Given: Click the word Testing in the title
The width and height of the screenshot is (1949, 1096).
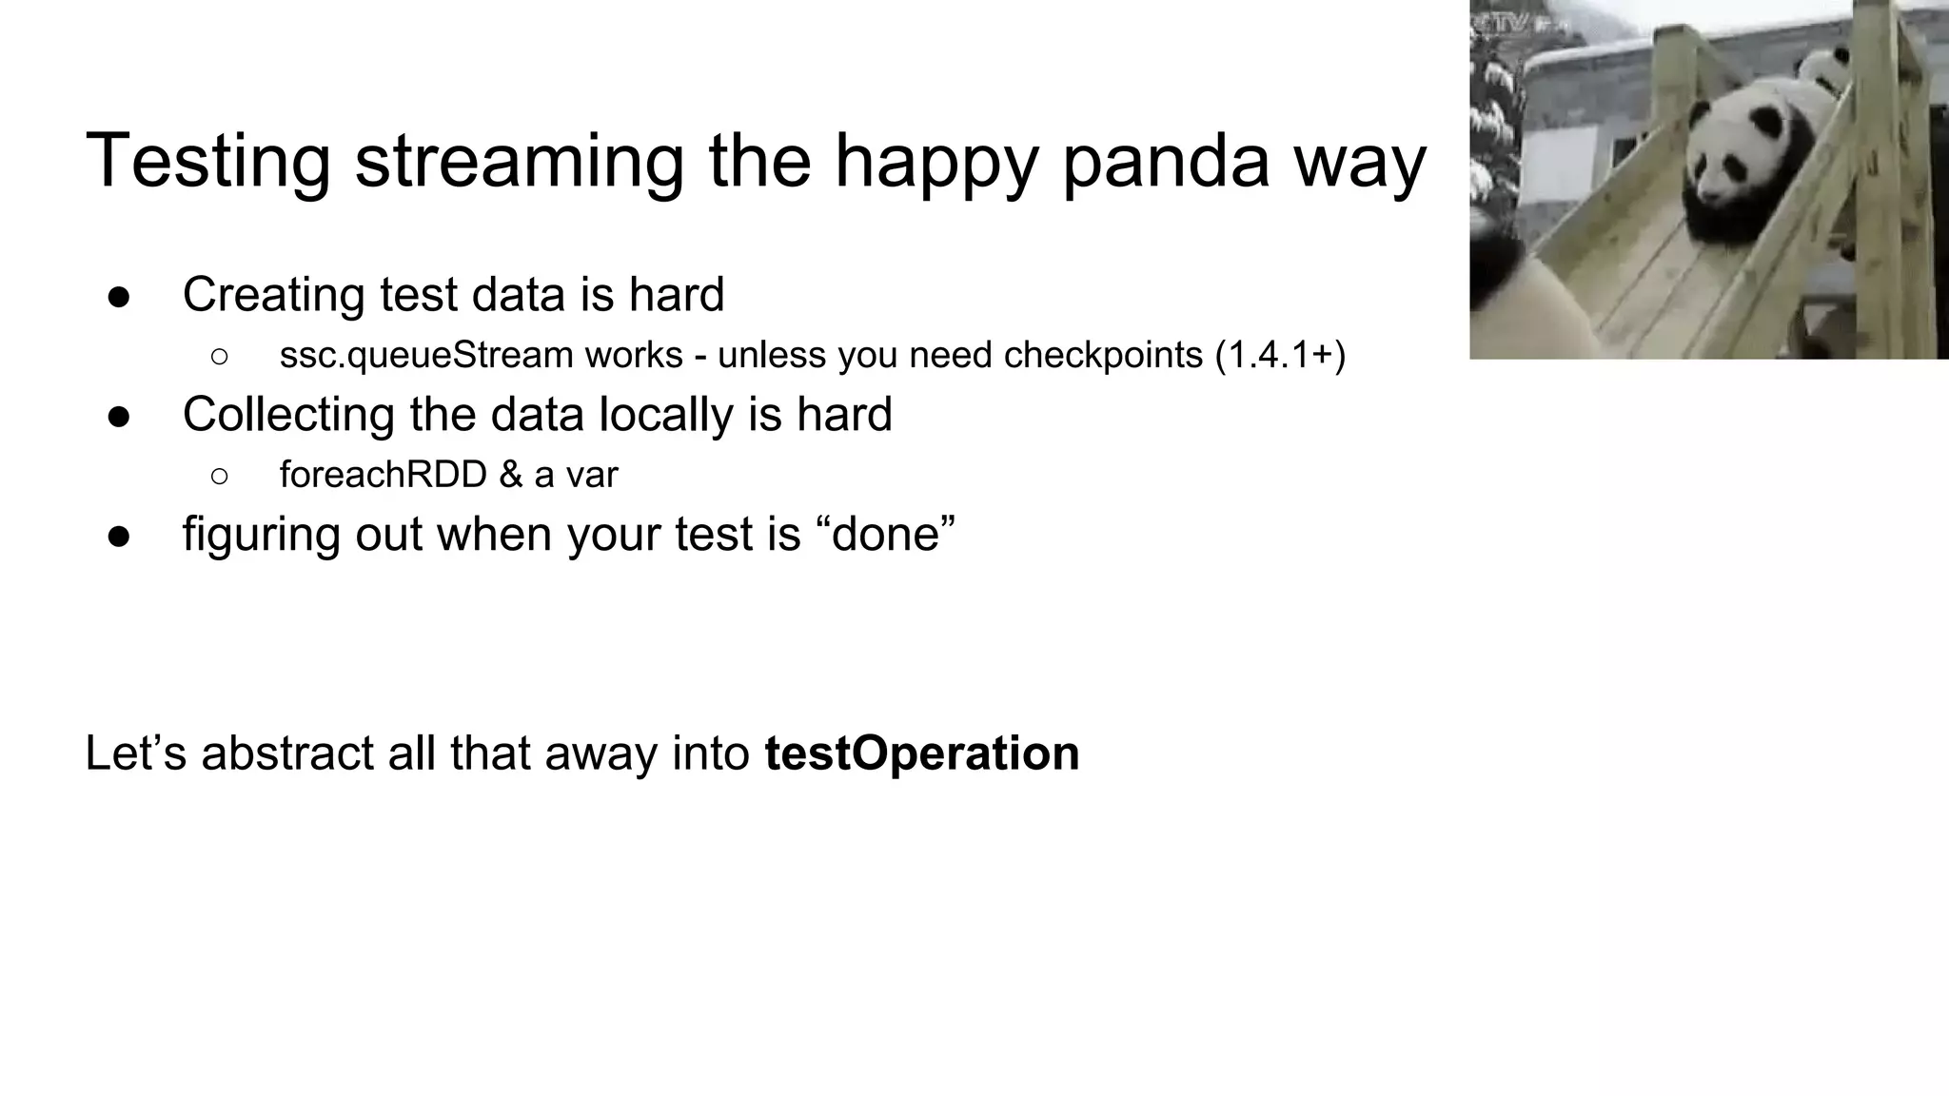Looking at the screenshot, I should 207,162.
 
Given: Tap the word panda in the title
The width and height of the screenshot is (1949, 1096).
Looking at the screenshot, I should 1165,162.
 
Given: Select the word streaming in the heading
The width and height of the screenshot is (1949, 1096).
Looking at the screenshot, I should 519,162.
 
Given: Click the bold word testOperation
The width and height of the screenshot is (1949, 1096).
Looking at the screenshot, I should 921,753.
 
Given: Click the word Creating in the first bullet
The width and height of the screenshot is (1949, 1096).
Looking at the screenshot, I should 274,295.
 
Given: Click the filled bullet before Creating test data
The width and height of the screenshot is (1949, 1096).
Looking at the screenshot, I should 119,297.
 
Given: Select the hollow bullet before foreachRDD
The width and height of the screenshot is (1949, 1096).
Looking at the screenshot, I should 220,476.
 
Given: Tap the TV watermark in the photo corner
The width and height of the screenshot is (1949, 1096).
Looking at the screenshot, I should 1504,23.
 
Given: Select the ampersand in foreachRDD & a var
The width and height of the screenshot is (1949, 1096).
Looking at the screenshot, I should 510,474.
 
